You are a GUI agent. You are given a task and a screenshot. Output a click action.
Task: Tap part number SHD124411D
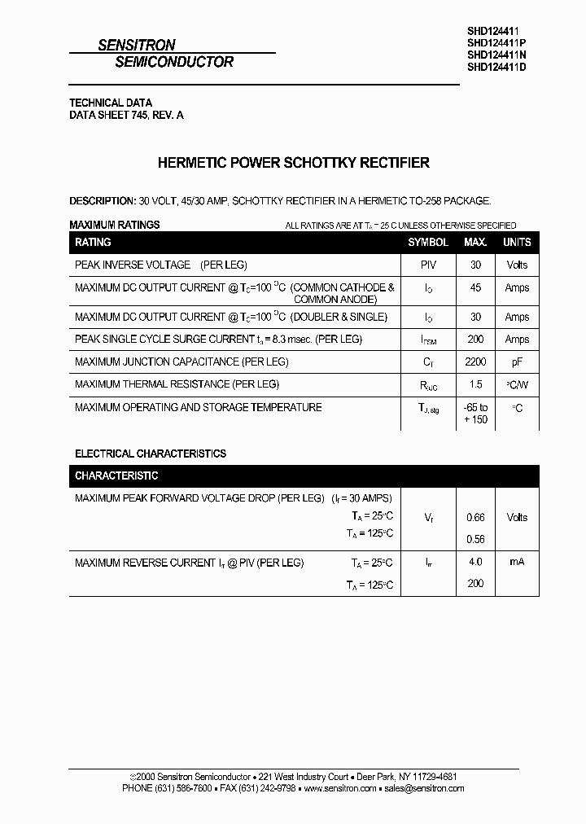(497, 68)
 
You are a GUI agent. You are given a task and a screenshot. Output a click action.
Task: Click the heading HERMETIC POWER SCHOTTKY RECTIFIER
(293, 163)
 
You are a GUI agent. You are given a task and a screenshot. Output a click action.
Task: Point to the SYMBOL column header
(428, 242)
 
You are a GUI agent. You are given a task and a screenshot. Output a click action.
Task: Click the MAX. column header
(475, 242)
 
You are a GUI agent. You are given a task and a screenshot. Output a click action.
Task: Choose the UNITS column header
(517, 242)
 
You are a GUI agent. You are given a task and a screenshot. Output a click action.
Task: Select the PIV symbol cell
(428, 265)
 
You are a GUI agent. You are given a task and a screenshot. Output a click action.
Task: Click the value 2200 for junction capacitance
(476, 362)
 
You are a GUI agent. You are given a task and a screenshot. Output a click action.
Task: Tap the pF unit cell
(517, 362)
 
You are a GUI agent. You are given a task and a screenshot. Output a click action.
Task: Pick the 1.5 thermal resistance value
(476, 384)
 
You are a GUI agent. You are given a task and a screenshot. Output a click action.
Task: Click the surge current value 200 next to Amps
(476, 339)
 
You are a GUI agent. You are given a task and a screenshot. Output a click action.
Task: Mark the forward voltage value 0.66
(475, 517)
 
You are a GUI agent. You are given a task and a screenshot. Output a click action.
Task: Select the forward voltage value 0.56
(475, 539)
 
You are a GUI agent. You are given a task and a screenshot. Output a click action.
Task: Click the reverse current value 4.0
(475, 562)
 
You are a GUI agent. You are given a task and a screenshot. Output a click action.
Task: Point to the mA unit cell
(517, 562)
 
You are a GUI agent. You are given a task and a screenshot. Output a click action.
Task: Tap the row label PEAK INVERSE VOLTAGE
(132, 265)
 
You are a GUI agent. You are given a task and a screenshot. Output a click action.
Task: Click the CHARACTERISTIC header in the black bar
(116, 475)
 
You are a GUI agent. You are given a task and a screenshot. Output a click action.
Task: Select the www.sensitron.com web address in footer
(339, 788)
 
